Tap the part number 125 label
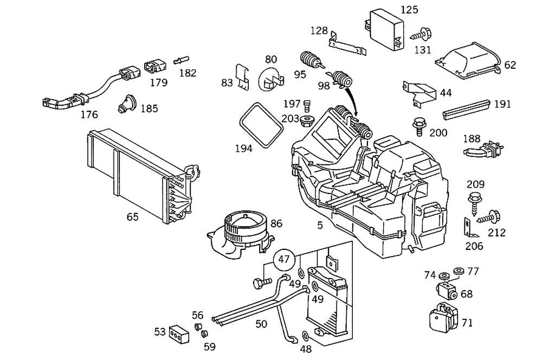[x=410, y=9]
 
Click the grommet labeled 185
[x=128, y=104]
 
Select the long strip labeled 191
[x=466, y=109]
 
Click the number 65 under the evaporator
[x=132, y=217]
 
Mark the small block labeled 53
[x=178, y=333]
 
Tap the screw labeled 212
[x=491, y=217]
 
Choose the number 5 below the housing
[x=320, y=225]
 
